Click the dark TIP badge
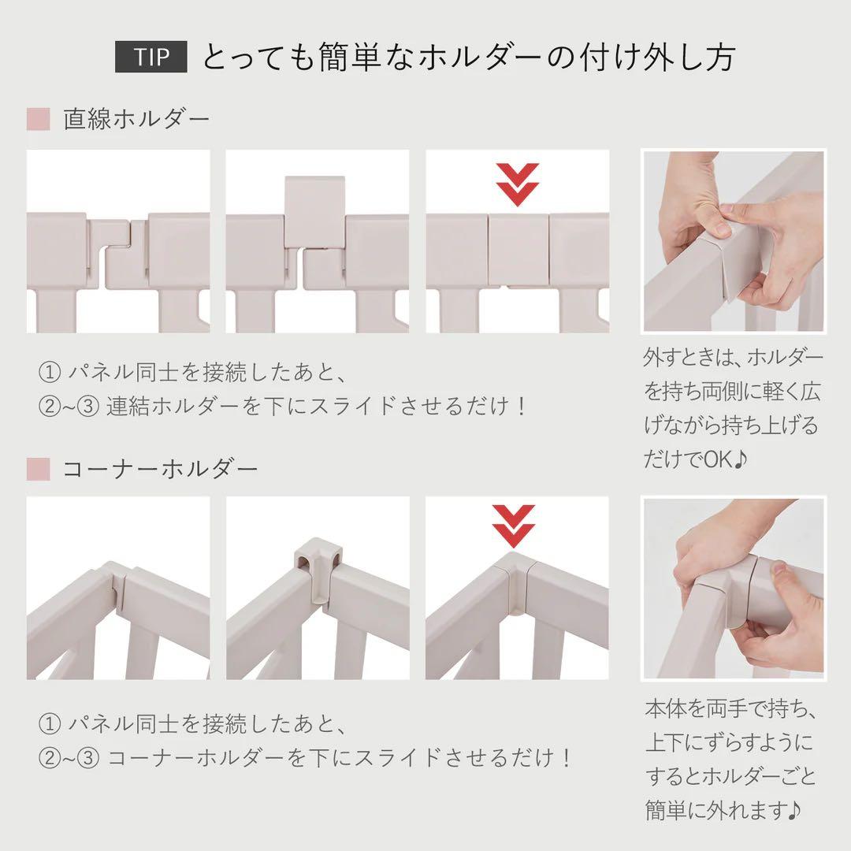point(151,58)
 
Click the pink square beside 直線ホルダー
point(38,120)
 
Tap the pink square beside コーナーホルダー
point(38,470)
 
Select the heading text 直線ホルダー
point(137,120)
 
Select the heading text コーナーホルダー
point(160,470)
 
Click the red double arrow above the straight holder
point(518,184)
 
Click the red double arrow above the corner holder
point(514,525)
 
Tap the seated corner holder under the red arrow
point(516,579)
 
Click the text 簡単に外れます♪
point(724,809)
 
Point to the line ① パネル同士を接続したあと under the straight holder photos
point(193,371)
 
